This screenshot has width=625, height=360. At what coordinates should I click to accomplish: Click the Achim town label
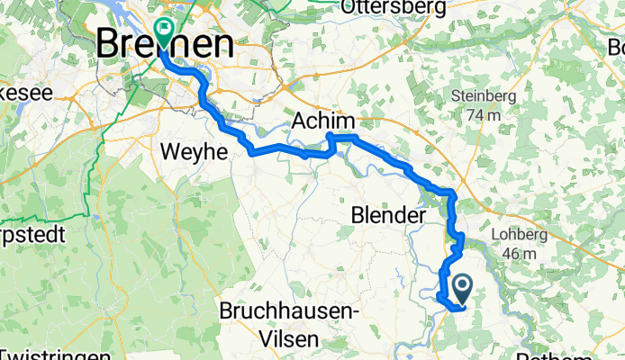pos(323,122)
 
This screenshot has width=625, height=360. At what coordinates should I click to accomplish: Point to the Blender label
pos(388,217)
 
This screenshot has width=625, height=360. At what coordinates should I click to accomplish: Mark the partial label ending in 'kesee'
pos(18,92)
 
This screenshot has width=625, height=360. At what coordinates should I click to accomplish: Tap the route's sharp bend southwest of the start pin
pos(439,297)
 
